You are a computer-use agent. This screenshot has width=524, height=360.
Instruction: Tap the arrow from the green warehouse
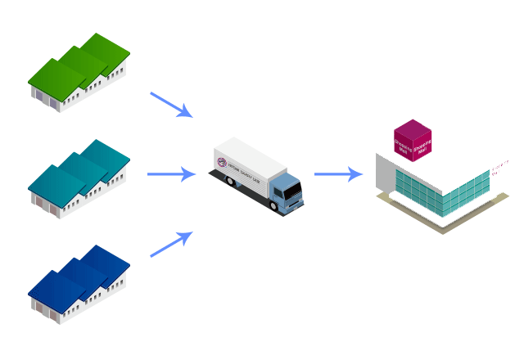170,105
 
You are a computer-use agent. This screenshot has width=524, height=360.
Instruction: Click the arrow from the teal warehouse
170,174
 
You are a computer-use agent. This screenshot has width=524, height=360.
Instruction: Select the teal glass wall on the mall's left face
418,191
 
